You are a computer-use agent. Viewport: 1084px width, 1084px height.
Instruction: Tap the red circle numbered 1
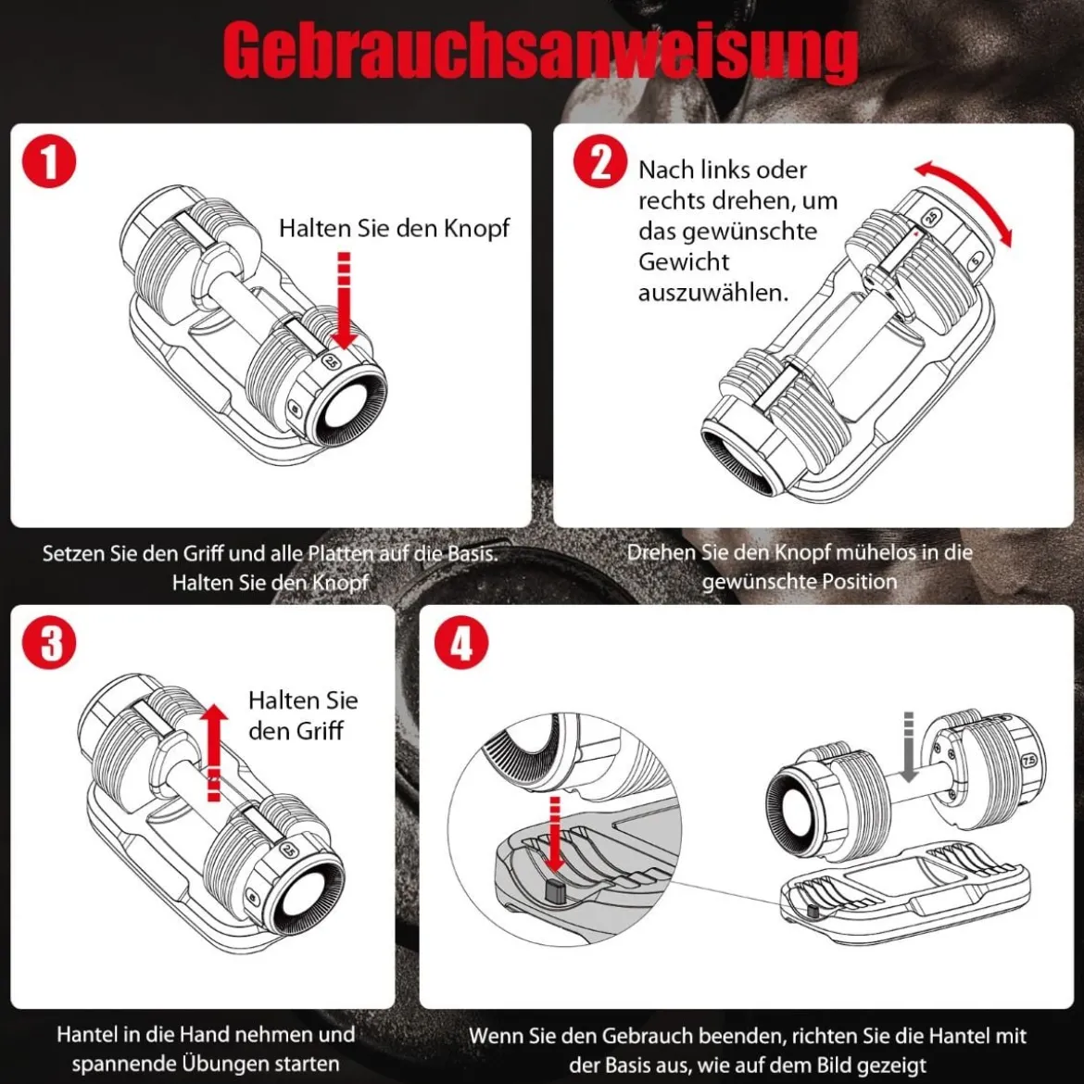(x=48, y=162)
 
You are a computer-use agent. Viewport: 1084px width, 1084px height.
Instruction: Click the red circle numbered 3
(x=48, y=643)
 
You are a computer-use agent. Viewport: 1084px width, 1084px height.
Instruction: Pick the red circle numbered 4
(x=461, y=644)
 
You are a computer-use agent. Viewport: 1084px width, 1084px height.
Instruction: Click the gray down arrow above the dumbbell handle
(x=909, y=747)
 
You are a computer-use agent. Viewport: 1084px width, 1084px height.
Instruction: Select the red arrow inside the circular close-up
(x=554, y=834)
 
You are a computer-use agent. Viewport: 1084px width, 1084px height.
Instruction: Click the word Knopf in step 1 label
(x=476, y=228)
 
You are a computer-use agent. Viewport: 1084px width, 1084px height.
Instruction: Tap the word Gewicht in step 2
(x=684, y=262)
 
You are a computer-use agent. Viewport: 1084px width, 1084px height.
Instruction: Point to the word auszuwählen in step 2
(x=712, y=293)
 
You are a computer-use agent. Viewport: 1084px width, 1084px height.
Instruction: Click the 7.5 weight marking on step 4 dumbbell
(x=1028, y=760)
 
